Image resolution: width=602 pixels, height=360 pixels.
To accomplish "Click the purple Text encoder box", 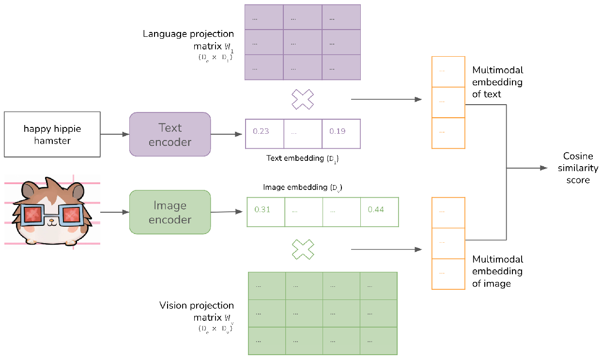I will [170, 134].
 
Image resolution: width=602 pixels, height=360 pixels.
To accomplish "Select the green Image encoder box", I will [170, 212].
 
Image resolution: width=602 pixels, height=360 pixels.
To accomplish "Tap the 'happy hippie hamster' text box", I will [52, 134].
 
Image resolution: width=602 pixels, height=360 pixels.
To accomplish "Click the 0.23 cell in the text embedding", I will [264, 131].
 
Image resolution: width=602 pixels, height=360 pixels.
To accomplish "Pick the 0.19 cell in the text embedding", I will [341, 131].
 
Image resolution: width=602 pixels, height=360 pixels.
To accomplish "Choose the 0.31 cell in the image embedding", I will [265, 210].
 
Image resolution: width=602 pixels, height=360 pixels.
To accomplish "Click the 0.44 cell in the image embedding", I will [379, 210].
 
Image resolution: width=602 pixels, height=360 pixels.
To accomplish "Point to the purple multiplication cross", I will [302, 99].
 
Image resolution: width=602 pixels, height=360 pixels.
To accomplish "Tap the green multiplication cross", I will [303, 250].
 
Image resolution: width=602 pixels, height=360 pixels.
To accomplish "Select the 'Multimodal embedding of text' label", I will [497, 82].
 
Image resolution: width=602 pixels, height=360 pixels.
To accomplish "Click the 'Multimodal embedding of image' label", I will [497, 271].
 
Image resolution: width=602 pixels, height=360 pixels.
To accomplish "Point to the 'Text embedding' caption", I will [301, 158].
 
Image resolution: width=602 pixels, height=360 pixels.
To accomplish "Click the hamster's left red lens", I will [34, 214].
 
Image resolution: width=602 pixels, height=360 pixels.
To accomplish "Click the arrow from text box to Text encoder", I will [115, 134].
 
